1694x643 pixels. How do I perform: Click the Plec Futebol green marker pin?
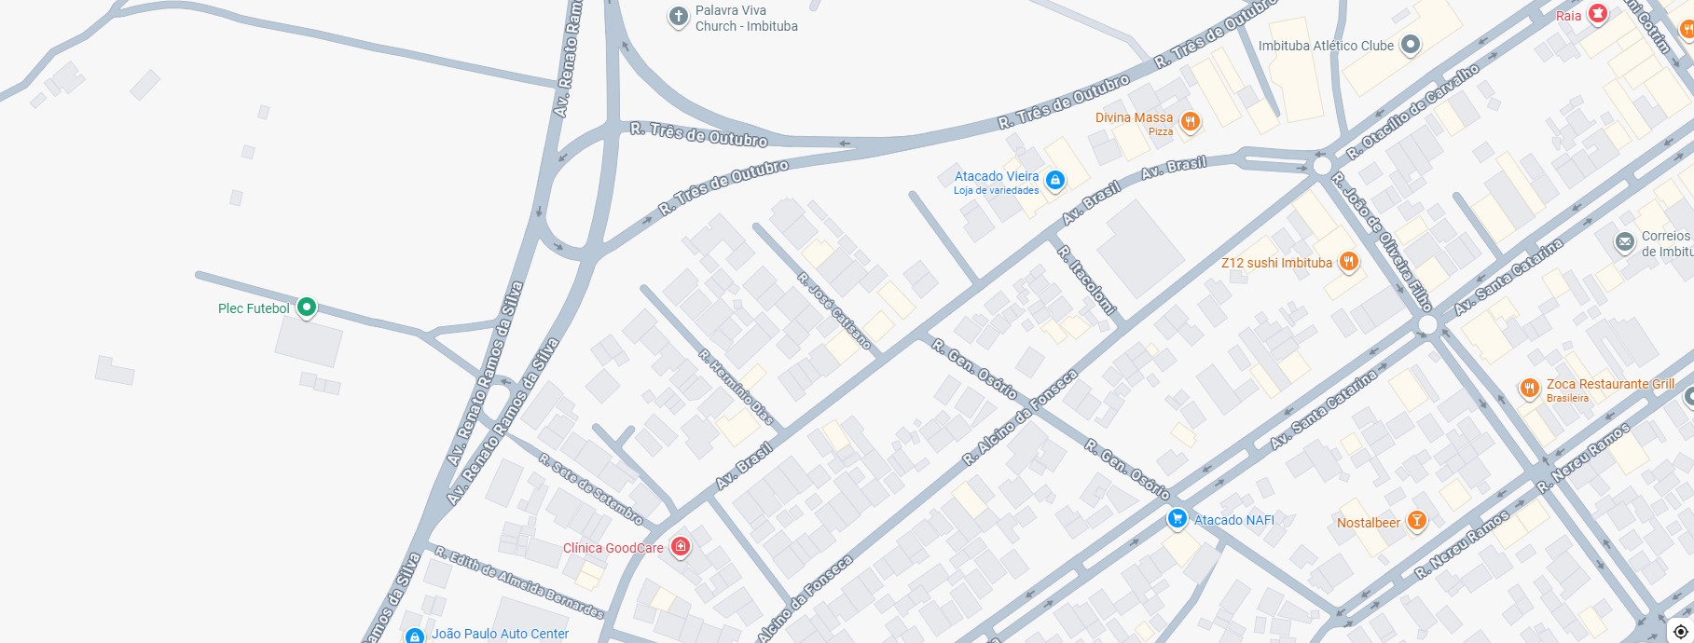click(x=306, y=307)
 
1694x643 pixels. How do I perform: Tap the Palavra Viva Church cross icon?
click(x=679, y=16)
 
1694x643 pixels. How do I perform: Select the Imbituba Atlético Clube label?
click(x=1326, y=46)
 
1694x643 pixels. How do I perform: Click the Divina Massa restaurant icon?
click(x=1190, y=121)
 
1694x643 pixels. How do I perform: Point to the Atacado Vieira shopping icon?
click(x=1054, y=180)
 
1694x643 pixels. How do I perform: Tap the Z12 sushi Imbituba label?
click(x=1276, y=263)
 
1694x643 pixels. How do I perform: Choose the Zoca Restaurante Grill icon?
click(x=1529, y=388)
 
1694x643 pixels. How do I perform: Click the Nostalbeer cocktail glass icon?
click(x=1416, y=520)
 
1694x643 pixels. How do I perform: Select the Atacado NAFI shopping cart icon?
click(x=1177, y=519)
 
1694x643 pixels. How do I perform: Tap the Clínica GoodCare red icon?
click(x=681, y=546)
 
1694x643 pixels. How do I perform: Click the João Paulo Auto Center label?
click(x=500, y=634)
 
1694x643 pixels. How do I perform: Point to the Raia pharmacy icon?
click(x=1598, y=14)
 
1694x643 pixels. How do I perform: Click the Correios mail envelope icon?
click(x=1625, y=243)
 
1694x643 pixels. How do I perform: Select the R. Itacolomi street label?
click(x=1087, y=280)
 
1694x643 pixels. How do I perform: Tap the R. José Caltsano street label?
click(x=834, y=311)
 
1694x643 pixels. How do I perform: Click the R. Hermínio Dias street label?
click(x=736, y=387)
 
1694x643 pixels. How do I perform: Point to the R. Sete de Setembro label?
click(x=591, y=488)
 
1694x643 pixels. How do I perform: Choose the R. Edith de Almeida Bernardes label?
click(x=518, y=582)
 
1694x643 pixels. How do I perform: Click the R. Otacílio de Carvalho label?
click(x=1412, y=111)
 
